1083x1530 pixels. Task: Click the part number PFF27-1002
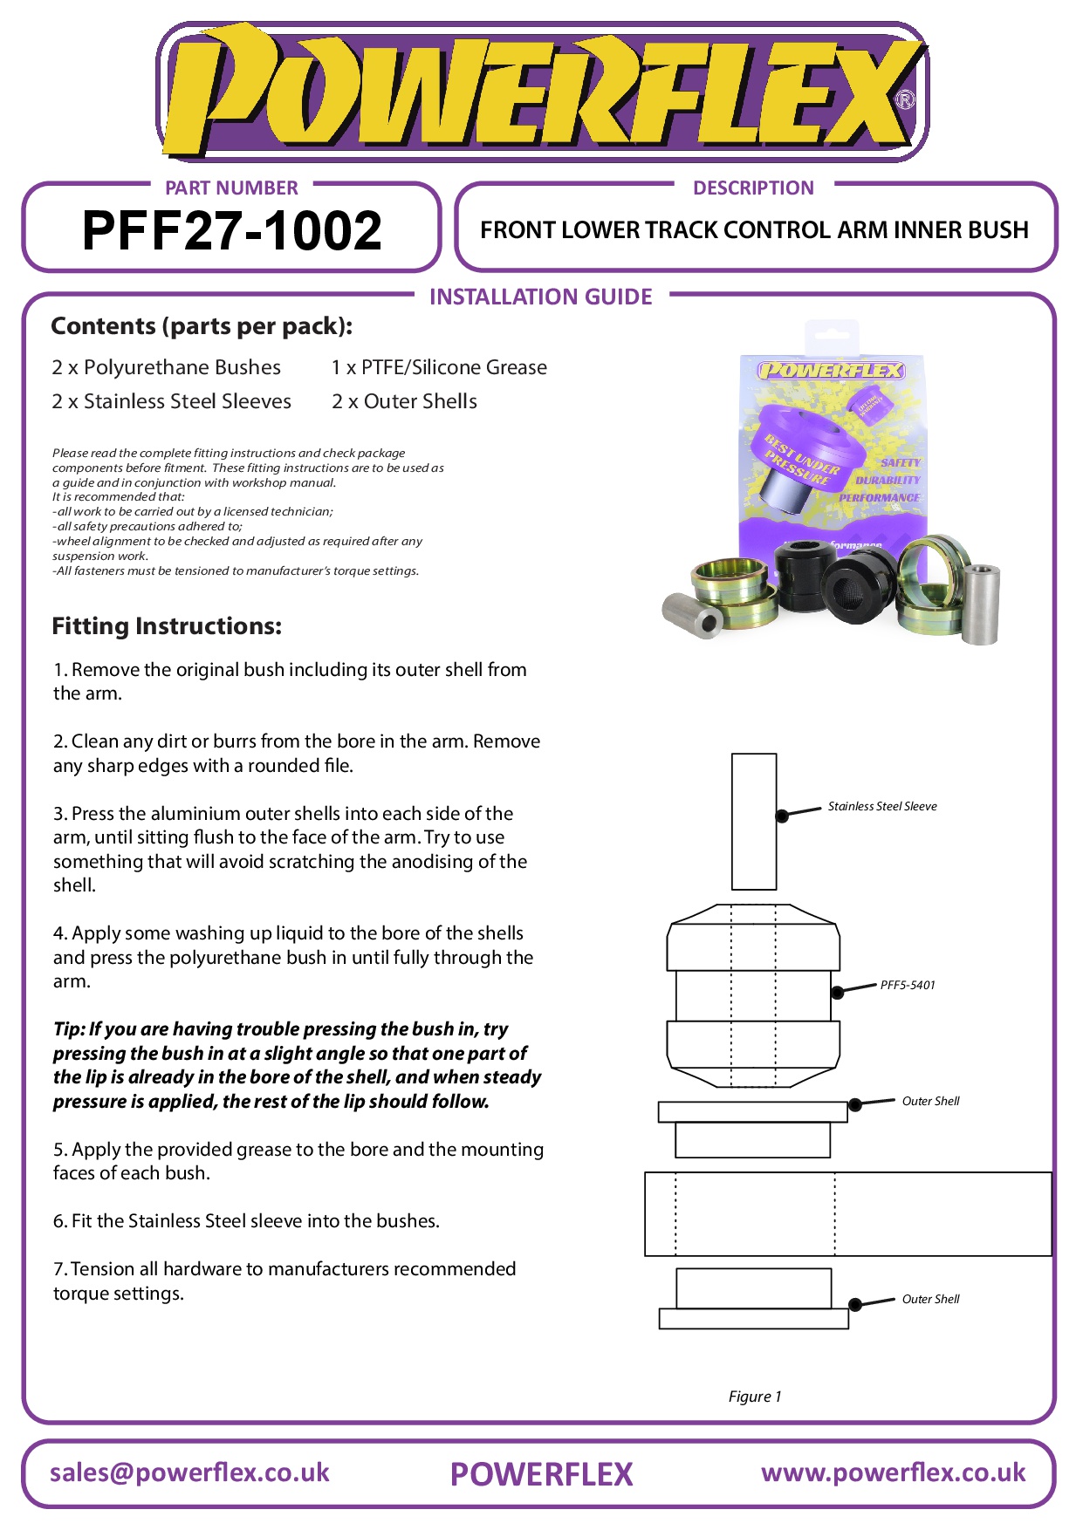[231, 230]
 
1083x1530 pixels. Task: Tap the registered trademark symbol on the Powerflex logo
[906, 99]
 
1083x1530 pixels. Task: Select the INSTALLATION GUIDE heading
[540, 297]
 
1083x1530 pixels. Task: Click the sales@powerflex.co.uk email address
[189, 1472]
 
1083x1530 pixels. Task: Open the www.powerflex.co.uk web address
[893, 1472]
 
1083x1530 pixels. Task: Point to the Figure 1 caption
[755, 1397]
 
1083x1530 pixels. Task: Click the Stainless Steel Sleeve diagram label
[881, 806]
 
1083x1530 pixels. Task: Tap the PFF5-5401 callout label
[907, 985]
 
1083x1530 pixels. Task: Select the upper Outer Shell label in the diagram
[930, 1101]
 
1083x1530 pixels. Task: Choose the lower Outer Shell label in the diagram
[930, 1299]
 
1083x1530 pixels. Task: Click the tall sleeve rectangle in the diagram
[754, 821]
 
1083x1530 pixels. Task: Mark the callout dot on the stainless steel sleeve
[782, 816]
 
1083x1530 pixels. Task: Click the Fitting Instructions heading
[167, 626]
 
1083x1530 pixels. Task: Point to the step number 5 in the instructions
[58, 1150]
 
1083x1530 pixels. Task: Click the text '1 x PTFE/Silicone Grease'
[439, 367]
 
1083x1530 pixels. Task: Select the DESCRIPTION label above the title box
[753, 188]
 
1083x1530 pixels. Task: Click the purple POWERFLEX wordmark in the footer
[541, 1474]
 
